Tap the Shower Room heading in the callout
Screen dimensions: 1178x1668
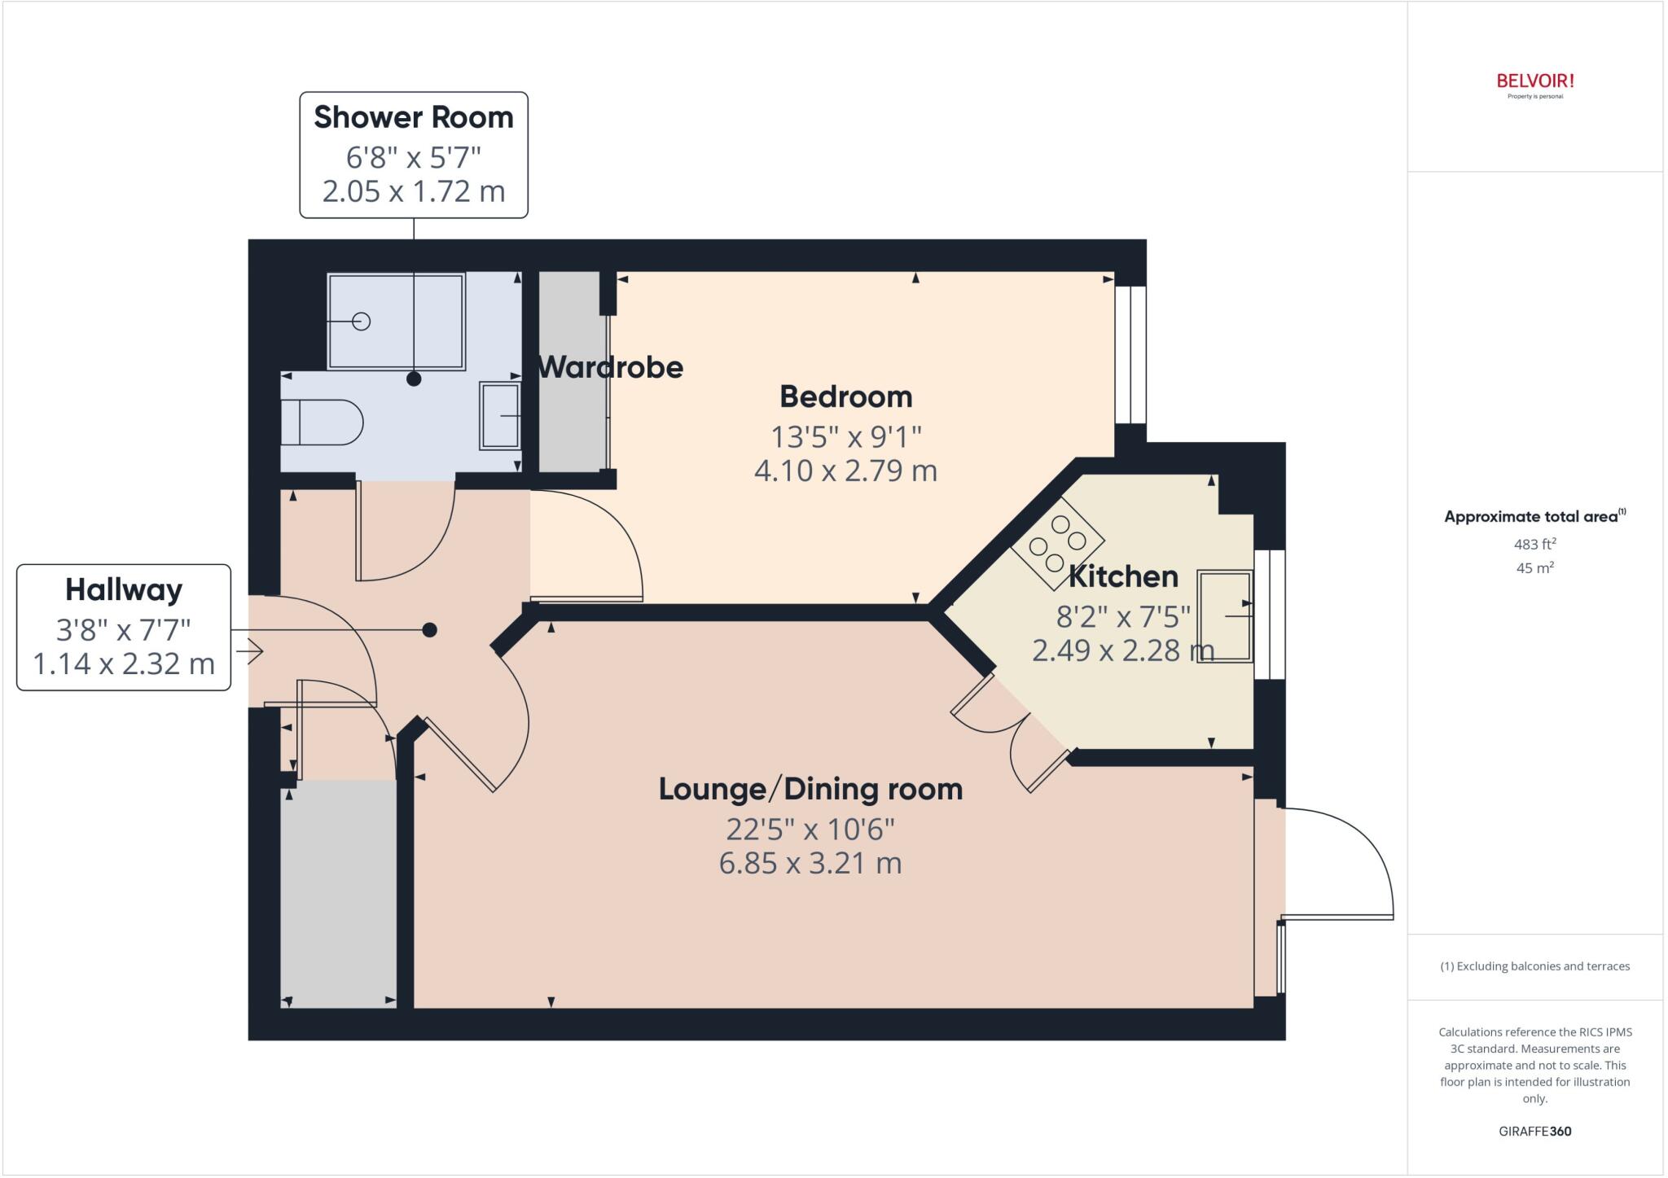pyautogui.click(x=414, y=117)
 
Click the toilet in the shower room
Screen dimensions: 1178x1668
pyautogui.click(x=321, y=422)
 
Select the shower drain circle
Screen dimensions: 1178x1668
pyautogui.click(x=362, y=322)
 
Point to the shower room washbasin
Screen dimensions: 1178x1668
pyautogui.click(x=500, y=415)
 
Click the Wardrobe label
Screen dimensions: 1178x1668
pyautogui.click(x=610, y=367)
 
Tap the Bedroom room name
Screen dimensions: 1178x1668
pyautogui.click(x=845, y=396)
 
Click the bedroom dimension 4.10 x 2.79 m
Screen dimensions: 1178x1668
pyautogui.click(x=845, y=471)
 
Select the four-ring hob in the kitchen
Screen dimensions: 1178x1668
pyautogui.click(x=1057, y=542)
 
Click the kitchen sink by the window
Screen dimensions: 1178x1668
pyautogui.click(x=1224, y=616)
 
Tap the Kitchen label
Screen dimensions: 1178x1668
pyautogui.click(x=1123, y=576)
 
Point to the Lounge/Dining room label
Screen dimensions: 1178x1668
pyautogui.click(x=810, y=789)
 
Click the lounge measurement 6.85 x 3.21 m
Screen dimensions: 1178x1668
pyautogui.click(x=810, y=863)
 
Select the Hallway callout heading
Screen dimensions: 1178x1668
pyautogui.click(x=124, y=589)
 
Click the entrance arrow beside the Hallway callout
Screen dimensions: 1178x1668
pyautogui.click(x=250, y=651)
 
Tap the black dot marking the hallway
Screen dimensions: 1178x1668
pyautogui.click(x=430, y=629)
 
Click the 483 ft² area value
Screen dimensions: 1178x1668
pyautogui.click(x=1534, y=544)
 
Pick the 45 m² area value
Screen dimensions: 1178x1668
pyautogui.click(x=1534, y=567)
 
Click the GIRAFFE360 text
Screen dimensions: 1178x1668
pyautogui.click(x=1534, y=1131)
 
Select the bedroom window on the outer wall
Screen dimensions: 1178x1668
pyautogui.click(x=1130, y=355)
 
